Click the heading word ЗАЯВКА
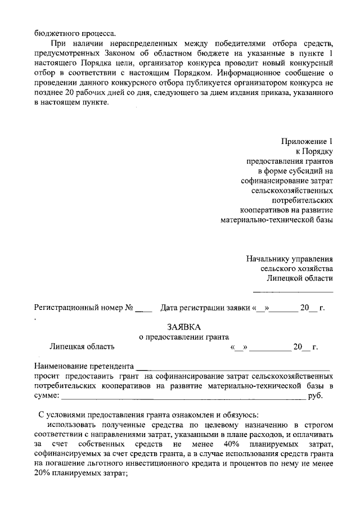(183, 327)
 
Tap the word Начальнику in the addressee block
(268, 259)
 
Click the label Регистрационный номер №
(83, 308)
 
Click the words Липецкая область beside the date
(82, 346)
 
